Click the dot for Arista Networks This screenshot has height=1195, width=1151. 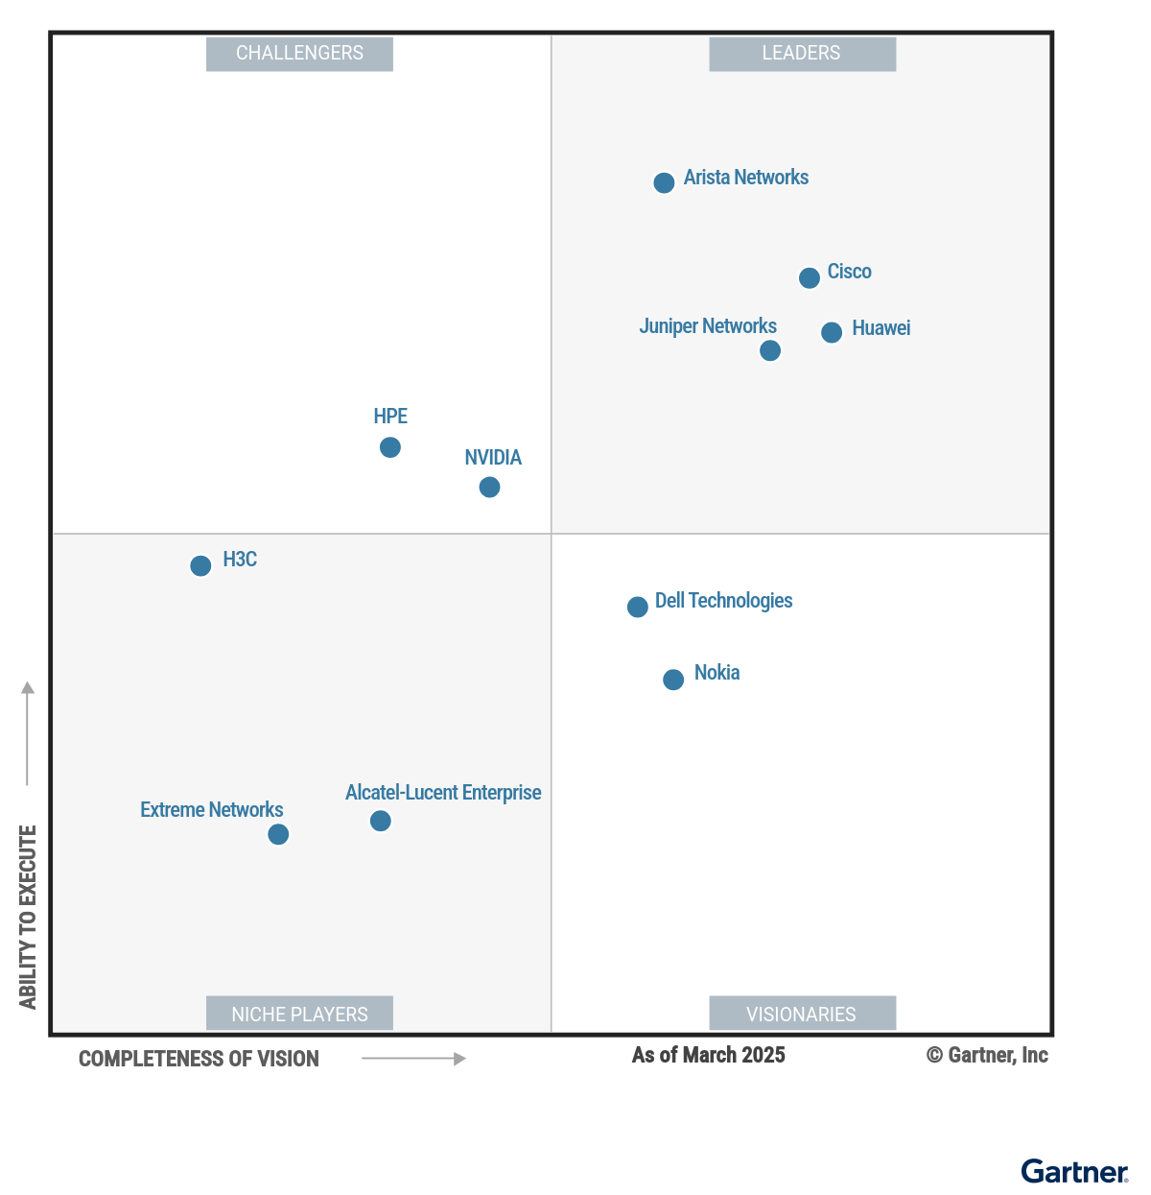tap(664, 182)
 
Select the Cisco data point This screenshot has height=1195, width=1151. tap(810, 277)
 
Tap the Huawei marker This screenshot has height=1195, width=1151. tap(832, 332)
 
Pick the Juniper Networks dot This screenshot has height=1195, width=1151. tap(770, 350)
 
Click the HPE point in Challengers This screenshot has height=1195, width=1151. tap(390, 447)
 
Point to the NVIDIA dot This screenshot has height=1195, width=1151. tap(489, 488)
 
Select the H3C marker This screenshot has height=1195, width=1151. tap(200, 565)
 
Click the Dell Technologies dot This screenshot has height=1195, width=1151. tap(638, 607)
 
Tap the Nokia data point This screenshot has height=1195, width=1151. tap(673, 680)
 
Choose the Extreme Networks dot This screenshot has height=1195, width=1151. tap(278, 834)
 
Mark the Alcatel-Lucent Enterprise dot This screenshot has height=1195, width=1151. tap(381, 821)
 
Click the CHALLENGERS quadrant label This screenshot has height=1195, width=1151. tap(299, 54)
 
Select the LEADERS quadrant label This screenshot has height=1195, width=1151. tap(802, 54)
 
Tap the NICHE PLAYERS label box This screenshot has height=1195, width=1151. tap(299, 1014)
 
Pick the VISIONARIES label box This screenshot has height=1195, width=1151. tap(802, 1014)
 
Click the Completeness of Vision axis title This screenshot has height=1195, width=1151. tap(199, 1059)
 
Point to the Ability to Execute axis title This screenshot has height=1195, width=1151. tap(28, 917)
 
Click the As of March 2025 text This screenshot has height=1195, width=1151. tap(708, 1055)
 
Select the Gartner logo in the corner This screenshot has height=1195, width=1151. tap(1074, 1171)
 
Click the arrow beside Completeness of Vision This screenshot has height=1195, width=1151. tap(413, 1059)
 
